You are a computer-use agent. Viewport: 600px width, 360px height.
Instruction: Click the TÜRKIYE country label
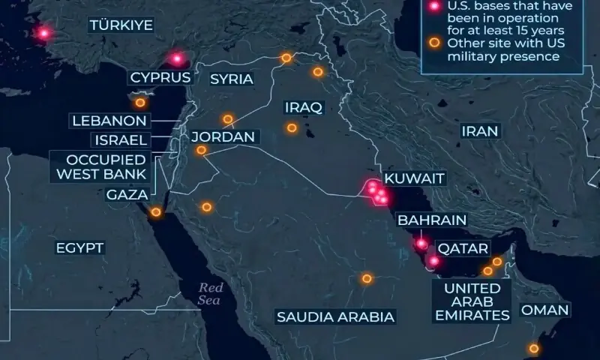121,25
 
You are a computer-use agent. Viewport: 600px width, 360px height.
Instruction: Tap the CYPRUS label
160,76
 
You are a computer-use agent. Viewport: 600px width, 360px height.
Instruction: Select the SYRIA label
231,79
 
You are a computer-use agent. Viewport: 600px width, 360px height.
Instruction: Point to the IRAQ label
303,107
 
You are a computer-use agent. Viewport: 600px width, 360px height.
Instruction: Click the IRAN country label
480,131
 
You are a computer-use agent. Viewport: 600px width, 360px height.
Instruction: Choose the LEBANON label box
109,120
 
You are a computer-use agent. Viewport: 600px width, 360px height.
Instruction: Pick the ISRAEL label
120,139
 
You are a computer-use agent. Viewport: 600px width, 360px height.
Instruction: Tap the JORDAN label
223,137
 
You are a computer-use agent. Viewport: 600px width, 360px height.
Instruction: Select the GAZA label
127,195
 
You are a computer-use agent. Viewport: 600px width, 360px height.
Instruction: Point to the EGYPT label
79,247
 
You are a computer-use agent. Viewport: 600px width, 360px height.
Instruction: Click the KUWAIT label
414,179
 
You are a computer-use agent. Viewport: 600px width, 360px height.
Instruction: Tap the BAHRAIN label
432,220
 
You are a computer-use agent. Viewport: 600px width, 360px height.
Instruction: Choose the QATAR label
463,247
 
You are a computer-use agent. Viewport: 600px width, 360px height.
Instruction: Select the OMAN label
544,310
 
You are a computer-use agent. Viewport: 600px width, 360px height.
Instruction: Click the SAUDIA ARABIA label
335,316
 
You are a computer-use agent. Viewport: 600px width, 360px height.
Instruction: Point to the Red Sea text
211,294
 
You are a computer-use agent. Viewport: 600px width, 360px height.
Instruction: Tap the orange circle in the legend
433,43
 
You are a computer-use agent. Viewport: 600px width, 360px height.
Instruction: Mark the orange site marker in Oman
533,348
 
